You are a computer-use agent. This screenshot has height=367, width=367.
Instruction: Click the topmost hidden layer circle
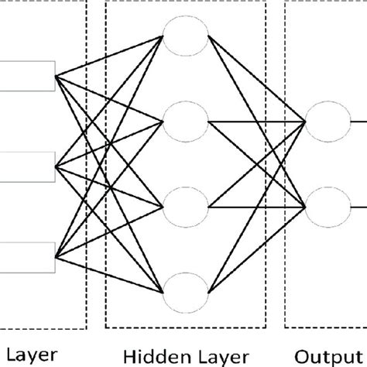(x=185, y=37)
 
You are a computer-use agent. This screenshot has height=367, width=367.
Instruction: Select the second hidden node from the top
(x=185, y=121)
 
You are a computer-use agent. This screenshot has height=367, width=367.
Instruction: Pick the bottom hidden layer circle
(x=185, y=290)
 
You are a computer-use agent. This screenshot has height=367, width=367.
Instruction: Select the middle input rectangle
(x=26, y=164)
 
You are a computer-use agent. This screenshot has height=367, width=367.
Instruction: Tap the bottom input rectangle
(x=26, y=256)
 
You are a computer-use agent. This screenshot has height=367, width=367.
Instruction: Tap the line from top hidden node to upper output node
(x=256, y=77)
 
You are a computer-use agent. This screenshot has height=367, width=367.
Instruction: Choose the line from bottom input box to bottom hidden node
(x=108, y=273)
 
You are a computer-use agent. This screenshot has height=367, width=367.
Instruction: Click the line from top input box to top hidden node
(x=108, y=55)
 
